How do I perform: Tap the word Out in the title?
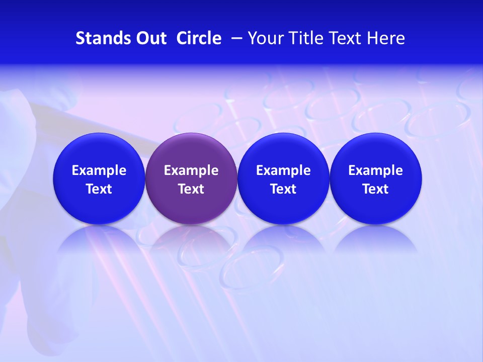coord(150,38)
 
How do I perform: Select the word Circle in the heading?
coord(199,38)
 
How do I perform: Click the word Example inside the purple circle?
coord(191,170)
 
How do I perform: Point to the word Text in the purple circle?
coord(191,189)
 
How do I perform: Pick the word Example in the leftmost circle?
coord(99,170)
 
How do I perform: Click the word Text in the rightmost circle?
coord(376,189)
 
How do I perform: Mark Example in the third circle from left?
coord(283,170)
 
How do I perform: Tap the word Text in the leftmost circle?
coord(99,189)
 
